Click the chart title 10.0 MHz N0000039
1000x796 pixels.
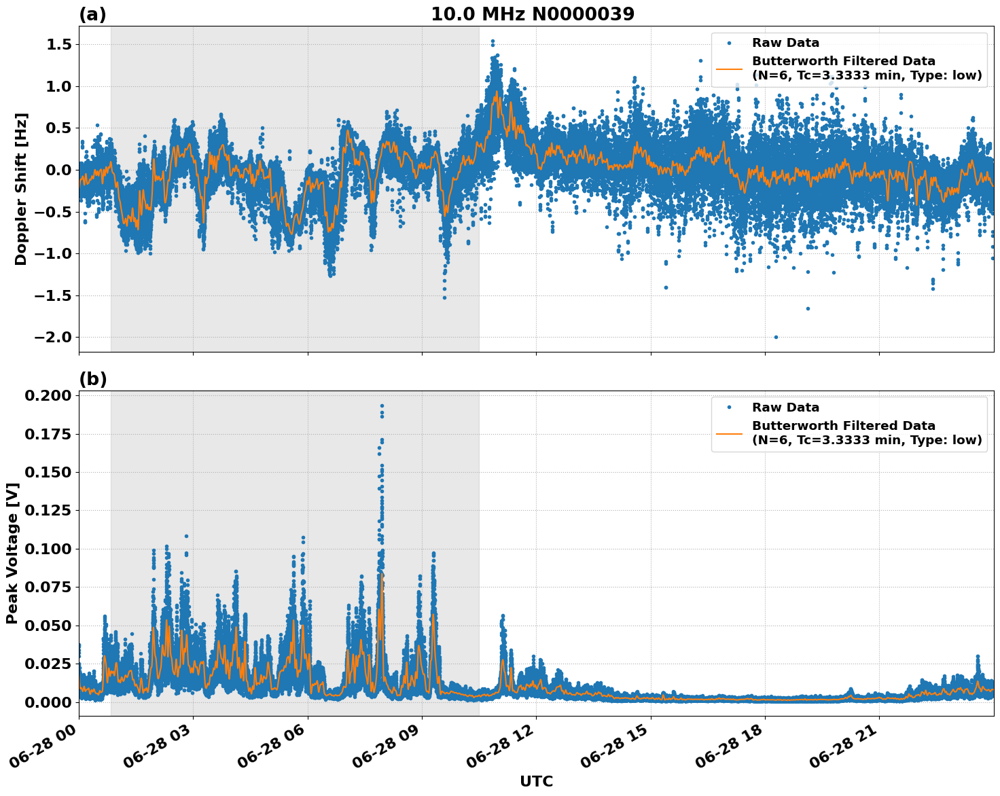(533, 14)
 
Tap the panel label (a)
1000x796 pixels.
(92, 14)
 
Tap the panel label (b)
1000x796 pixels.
(92, 379)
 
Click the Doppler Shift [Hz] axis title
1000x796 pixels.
(21, 189)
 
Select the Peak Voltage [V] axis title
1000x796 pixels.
(12, 553)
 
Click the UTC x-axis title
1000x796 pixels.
(536, 781)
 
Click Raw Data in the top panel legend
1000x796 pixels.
(785, 43)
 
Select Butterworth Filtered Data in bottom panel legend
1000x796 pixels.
(843, 426)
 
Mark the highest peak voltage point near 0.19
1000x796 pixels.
(382, 406)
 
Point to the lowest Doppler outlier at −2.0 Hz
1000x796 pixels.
(776, 337)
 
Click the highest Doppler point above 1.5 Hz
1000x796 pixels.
(493, 41)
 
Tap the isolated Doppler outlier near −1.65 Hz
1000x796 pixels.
(808, 308)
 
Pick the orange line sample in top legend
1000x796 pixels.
(730, 68)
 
